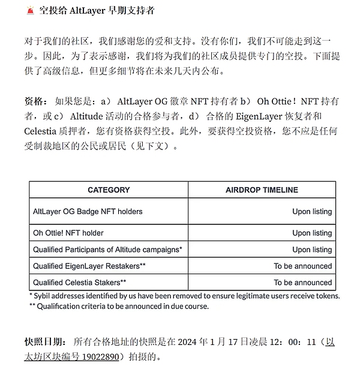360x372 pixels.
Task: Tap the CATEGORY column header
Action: click(x=109, y=190)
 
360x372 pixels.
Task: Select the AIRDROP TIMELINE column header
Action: click(x=262, y=190)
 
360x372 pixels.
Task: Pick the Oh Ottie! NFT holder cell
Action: click(x=68, y=233)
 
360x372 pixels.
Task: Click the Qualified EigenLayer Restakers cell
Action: click(x=90, y=266)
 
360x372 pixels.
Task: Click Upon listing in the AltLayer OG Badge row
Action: click(x=312, y=212)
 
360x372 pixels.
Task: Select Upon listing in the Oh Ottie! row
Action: click(x=312, y=233)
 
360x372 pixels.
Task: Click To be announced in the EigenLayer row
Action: click(x=303, y=266)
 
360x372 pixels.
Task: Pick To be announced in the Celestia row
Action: click(x=303, y=282)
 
